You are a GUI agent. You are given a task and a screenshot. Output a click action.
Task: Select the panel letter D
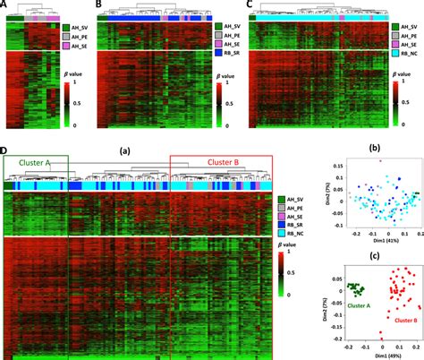(6, 150)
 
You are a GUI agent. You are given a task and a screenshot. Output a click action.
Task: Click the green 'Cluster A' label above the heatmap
(34, 162)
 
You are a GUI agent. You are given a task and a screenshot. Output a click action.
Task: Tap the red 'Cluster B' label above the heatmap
(205, 162)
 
